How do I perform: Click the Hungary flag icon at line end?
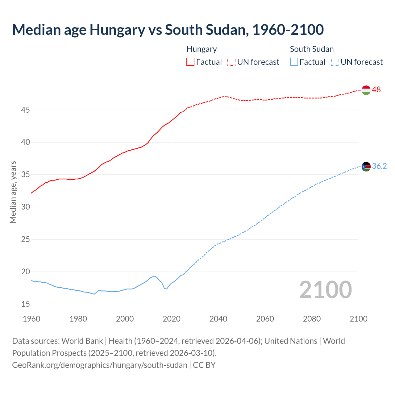coord(366,90)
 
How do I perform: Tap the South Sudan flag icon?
coord(366,167)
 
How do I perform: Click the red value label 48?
coord(376,90)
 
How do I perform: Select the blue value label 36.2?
coord(379,166)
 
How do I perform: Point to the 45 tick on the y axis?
coord(26,110)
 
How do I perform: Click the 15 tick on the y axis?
coord(26,304)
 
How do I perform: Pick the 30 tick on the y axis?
coord(26,207)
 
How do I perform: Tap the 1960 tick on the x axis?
coord(31,319)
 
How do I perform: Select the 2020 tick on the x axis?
coord(172,319)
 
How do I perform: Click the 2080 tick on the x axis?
coord(312,319)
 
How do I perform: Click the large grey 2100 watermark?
coord(325,290)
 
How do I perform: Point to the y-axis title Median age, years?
coord(13,192)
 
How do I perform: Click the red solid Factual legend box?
coord(190,62)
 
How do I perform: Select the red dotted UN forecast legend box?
coord(231,62)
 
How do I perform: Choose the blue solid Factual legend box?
coord(294,62)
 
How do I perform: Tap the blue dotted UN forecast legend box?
coord(335,62)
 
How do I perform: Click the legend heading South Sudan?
coord(312,49)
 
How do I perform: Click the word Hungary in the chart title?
coord(117,30)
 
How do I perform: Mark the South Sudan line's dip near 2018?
coord(166,289)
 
